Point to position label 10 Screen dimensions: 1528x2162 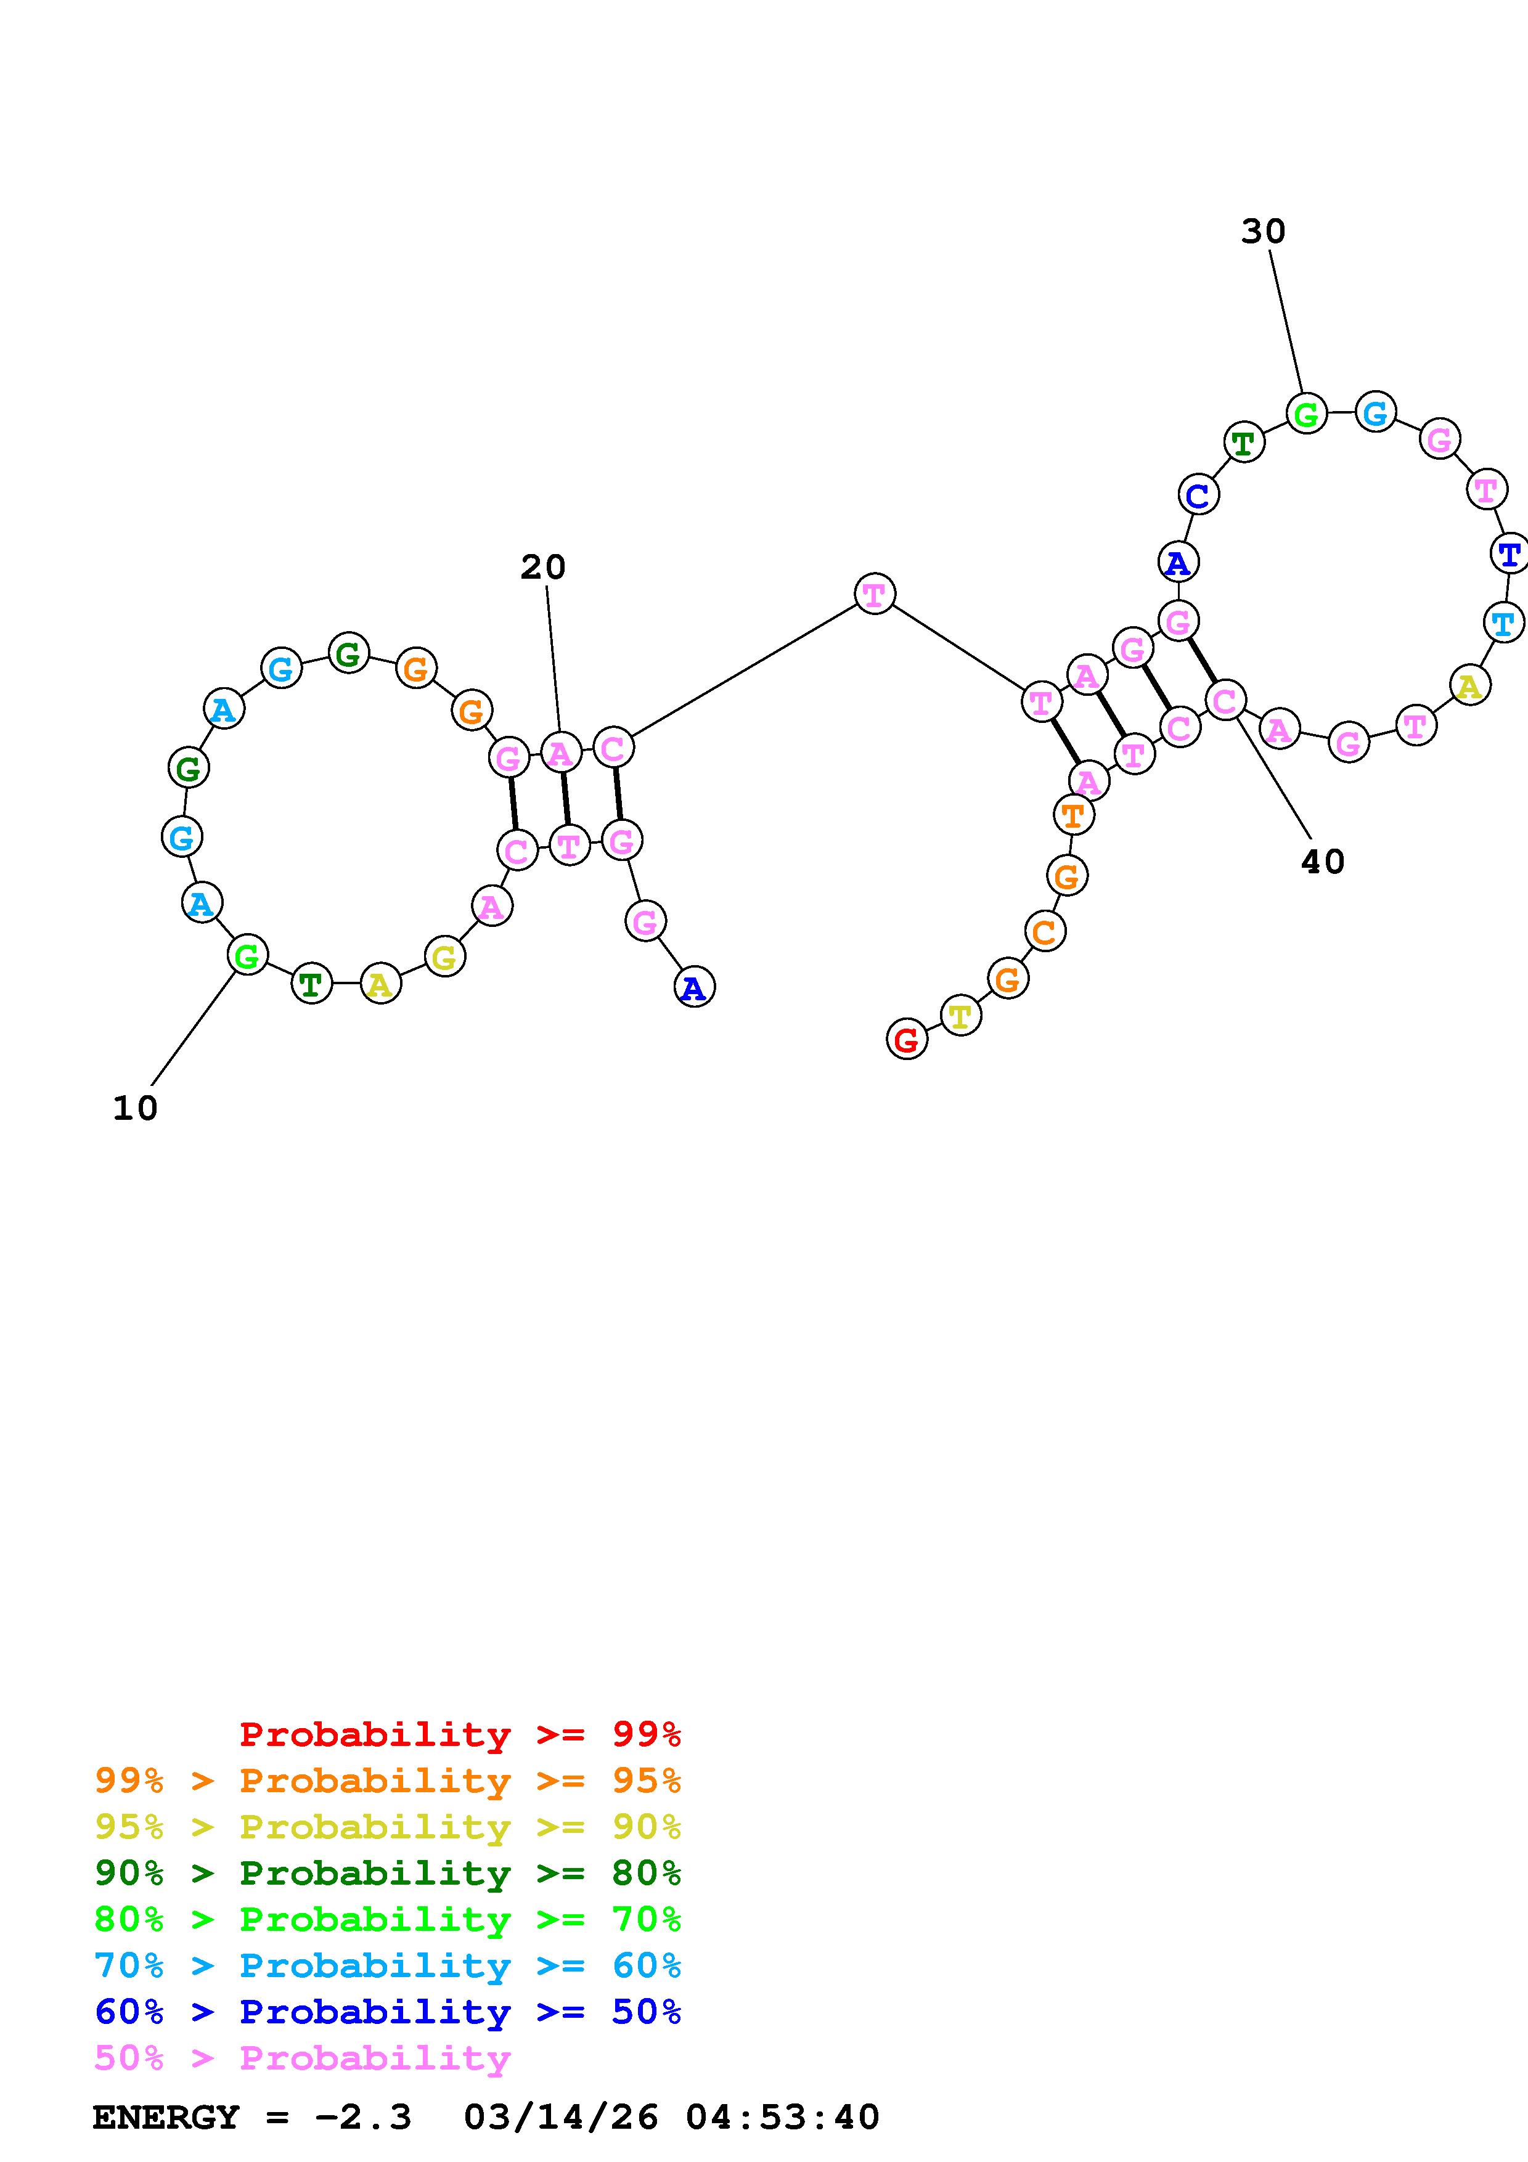point(134,1108)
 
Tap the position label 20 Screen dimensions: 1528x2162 point(543,567)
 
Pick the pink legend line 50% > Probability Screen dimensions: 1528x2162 point(301,2058)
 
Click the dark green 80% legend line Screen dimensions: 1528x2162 point(387,1873)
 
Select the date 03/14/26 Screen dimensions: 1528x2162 point(561,2118)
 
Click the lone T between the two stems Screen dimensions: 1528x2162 point(873,594)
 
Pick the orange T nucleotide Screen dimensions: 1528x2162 point(1073,815)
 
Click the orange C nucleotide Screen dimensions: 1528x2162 point(1043,932)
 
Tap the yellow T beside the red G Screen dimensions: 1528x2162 point(959,1016)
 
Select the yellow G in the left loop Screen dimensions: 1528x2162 point(444,958)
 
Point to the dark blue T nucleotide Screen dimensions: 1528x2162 point(1508,553)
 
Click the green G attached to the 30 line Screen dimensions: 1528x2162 point(1306,414)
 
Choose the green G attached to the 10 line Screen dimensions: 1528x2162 point(247,956)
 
